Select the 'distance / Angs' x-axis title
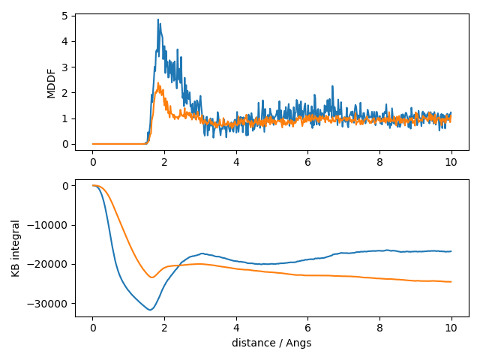271,343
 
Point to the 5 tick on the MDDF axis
67,16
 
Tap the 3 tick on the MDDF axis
67,67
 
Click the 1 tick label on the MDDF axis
67,118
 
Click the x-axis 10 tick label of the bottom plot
451,328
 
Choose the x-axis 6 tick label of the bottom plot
307,328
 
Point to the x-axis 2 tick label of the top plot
164,160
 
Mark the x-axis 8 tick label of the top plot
379,160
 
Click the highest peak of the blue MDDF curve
157,19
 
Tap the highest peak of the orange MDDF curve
158,83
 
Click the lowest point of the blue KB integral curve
151,310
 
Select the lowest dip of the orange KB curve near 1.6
151,277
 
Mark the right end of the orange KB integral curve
451,282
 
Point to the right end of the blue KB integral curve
451,251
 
